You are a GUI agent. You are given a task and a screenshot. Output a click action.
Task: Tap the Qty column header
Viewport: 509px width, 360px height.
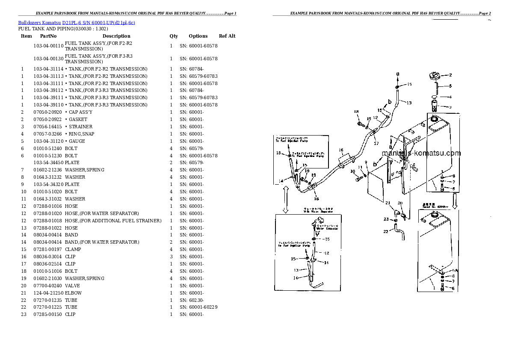click(174, 36)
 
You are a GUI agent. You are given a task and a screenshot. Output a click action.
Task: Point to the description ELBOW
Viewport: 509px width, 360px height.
click(73, 293)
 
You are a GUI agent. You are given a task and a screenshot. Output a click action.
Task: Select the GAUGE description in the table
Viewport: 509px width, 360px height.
click(77, 141)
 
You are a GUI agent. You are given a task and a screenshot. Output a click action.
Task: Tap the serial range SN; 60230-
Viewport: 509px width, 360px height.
click(191, 300)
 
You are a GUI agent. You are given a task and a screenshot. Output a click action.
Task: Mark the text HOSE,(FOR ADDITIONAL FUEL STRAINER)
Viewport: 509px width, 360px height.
click(113, 221)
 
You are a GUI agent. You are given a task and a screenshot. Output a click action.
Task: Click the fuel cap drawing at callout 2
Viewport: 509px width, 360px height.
click(435, 77)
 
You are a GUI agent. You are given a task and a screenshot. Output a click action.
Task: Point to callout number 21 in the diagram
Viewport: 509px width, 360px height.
click(388, 203)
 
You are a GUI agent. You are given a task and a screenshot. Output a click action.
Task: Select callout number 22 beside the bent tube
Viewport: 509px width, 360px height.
click(386, 231)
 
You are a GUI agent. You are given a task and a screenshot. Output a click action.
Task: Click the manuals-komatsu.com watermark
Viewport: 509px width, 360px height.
click(421, 153)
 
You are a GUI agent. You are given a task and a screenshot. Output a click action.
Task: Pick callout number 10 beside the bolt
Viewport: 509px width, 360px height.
click(353, 171)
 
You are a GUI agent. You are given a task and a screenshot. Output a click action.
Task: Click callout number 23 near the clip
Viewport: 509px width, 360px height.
click(386, 219)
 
